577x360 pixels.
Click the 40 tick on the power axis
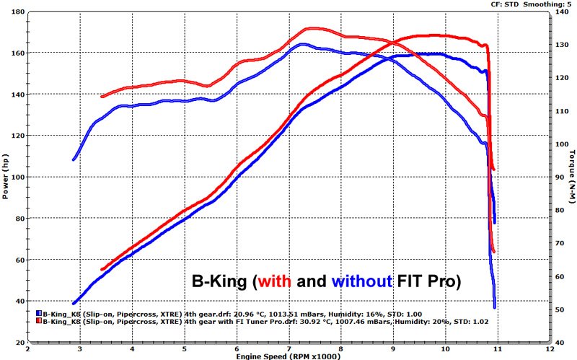tap(17, 302)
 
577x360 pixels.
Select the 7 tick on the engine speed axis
tap(288, 348)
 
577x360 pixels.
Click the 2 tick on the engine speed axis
tap(28, 348)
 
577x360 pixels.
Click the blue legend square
tap(39, 314)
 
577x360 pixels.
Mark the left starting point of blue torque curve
tap(74, 159)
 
